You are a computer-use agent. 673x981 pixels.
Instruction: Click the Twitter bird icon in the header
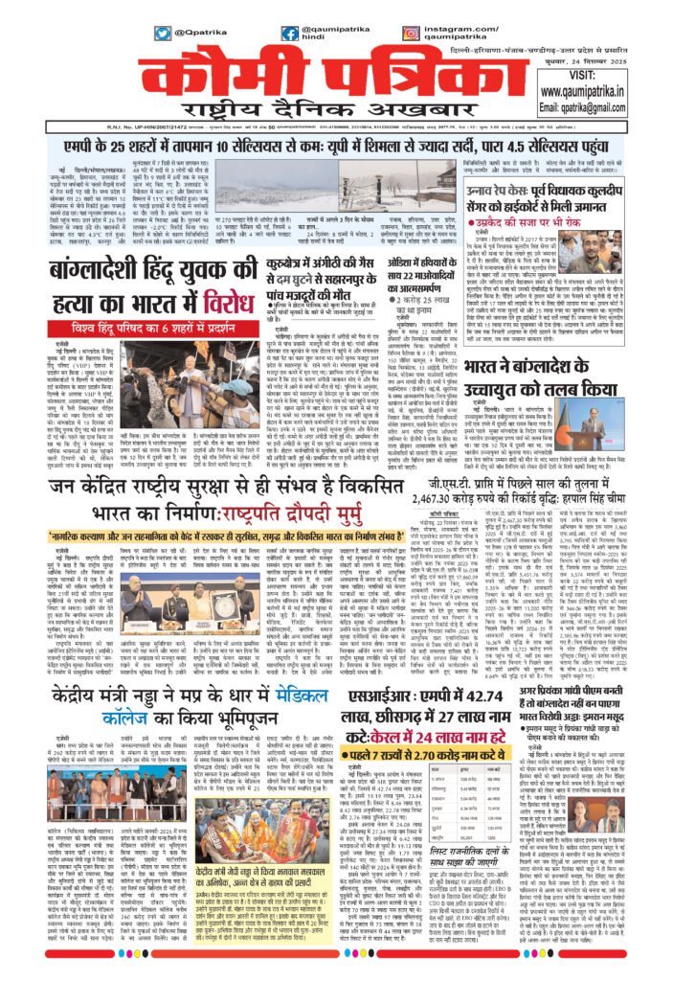click(x=163, y=33)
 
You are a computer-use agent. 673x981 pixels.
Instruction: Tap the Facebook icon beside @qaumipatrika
click(x=289, y=33)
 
